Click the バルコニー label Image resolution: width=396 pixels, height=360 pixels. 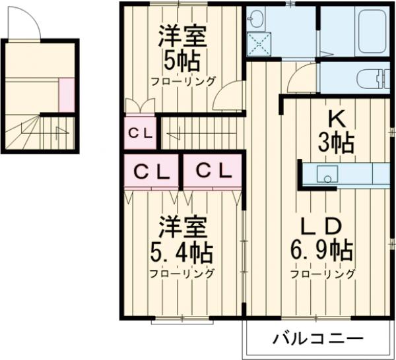(318, 340)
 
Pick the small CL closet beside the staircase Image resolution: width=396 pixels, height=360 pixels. (140, 133)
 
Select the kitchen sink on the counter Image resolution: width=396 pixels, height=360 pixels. (327, 174)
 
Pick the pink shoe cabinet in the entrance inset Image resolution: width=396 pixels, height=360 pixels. (67, 94)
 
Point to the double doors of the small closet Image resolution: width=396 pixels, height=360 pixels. (140, 105)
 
